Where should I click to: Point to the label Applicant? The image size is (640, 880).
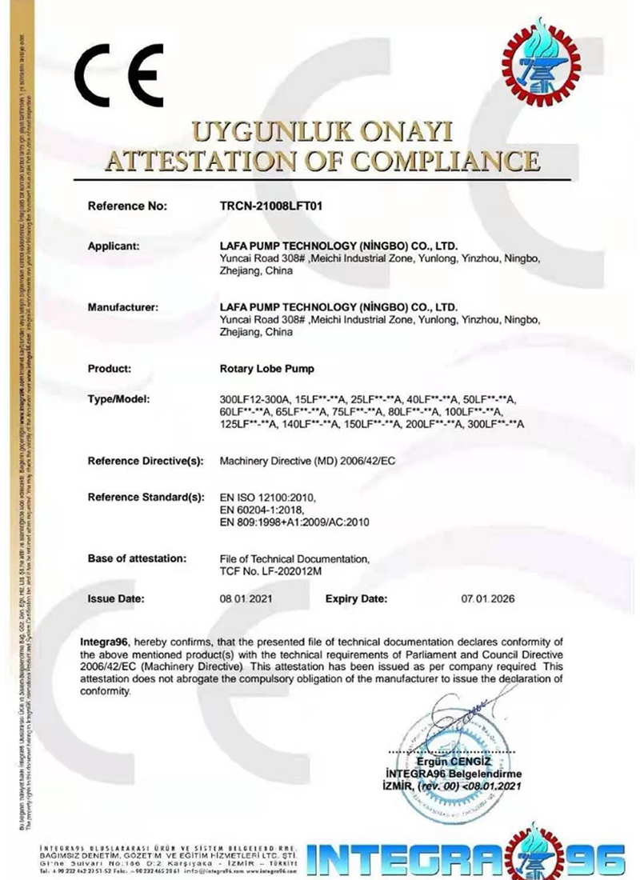coord(114,246)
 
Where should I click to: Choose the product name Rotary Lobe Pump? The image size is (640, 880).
coord(266,369)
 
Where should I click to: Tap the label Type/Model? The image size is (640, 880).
coord(118,399)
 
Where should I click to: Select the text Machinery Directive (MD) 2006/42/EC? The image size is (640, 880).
coord(307,462)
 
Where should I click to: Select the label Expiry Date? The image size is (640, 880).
coord(357,598)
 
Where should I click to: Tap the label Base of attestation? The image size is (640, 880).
coord(137,558)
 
